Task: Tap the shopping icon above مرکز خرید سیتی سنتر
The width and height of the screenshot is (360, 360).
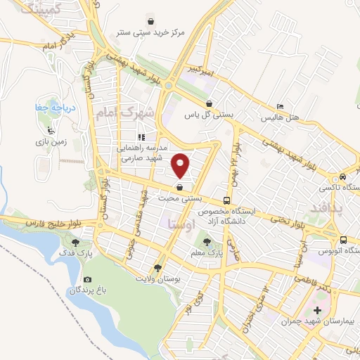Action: pos(152,20)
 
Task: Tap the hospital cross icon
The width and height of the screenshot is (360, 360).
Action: pos(317,310)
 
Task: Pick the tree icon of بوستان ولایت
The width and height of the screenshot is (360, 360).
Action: pos(157,268)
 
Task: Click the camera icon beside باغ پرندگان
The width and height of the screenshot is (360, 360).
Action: pos(72,290)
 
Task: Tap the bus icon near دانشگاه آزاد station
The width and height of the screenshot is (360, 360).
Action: pos(226,200)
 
